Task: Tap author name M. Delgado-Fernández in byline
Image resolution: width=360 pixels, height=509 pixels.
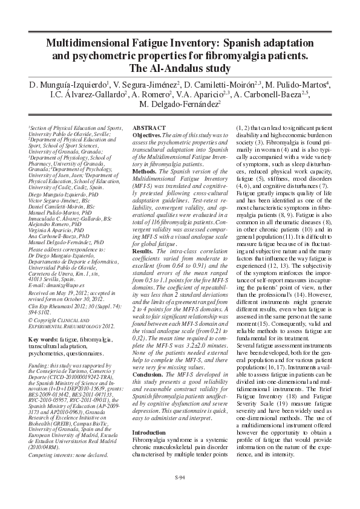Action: tap(179, 104)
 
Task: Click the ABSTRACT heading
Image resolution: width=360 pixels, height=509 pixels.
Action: tap(149, 129)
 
